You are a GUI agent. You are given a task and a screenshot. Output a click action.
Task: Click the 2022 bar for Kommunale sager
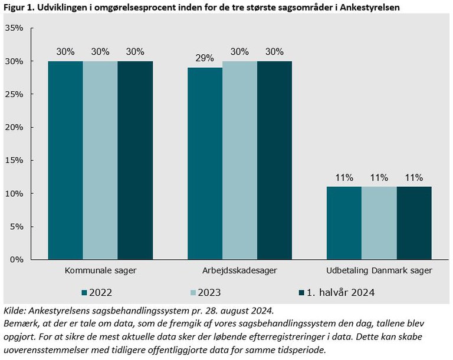point(65,160)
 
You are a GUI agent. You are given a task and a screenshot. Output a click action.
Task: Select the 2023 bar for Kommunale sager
point(100,160)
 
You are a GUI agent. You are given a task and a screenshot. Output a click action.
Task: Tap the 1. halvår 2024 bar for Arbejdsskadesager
point(274,160)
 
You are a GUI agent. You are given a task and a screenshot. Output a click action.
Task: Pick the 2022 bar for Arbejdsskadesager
point(205,164)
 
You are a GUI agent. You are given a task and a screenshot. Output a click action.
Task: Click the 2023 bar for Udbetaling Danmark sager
point(379,223)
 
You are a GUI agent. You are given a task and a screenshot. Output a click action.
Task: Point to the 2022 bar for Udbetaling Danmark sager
point(344,223)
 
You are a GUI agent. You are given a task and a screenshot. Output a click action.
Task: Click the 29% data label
point(205,59)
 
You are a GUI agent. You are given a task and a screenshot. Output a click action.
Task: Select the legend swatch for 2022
point(85,292)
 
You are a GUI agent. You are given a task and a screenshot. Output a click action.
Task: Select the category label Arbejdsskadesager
point(239,271)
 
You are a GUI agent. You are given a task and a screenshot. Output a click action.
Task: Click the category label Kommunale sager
point(100,271)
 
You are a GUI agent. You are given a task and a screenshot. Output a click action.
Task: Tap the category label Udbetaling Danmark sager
point(379,271)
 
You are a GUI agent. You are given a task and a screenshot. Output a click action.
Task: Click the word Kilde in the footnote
point(14,311)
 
